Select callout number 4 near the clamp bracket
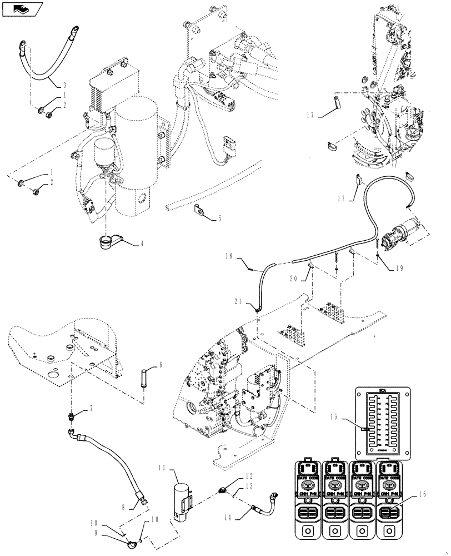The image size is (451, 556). point(142,244)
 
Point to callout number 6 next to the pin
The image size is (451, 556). point(161,365)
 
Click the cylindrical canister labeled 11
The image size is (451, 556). point(183,498)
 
